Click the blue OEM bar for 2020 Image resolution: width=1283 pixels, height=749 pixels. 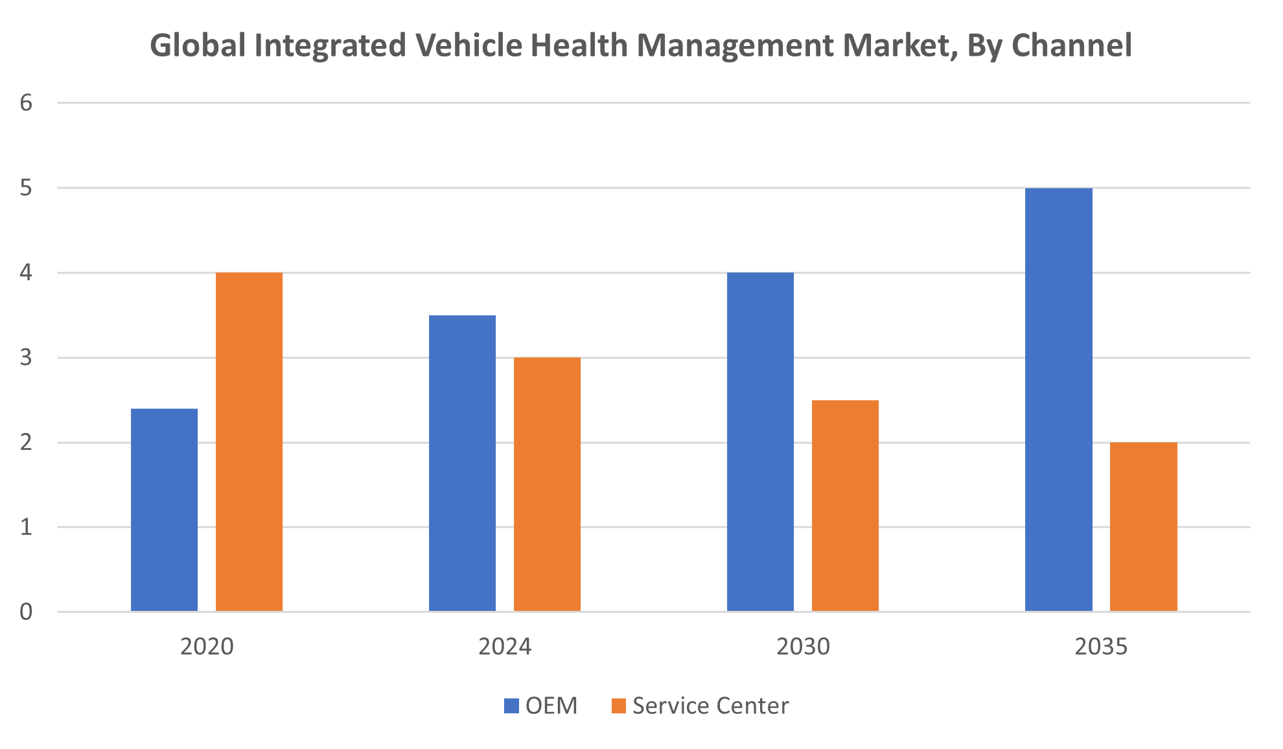(x=164, y=510)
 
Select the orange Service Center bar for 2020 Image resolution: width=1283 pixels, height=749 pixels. (x=249, y=442)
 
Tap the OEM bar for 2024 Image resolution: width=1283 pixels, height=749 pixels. (x=462, y=463)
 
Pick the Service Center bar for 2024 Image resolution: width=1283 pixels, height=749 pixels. (x=547, y=484)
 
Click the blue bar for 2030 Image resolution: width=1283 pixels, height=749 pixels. (x=760, y=442)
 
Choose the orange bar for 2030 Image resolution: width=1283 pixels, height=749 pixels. (x=845, y=506)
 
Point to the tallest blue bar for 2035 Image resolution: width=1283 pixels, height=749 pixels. (x=1058, y=399)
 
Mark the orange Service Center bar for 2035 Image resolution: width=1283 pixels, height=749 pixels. (x=1143, y=527)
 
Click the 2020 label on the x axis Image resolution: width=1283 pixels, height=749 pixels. (x=207, y=647)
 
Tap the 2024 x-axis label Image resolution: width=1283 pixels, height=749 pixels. (x=505, y=647)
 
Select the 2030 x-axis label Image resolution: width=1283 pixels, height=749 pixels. (x=803, y=647)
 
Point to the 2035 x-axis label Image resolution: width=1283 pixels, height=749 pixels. (x=1101, y=647)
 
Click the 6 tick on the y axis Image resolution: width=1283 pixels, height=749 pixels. (x=26, y=103)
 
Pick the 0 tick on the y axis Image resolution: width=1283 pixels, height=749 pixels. (x=26, y=612)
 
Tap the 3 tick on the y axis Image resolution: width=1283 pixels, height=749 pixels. (x=26, y=357)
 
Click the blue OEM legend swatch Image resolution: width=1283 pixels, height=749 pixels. (x=511, y=706)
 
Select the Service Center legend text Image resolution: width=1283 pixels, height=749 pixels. (x=710, y=706)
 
